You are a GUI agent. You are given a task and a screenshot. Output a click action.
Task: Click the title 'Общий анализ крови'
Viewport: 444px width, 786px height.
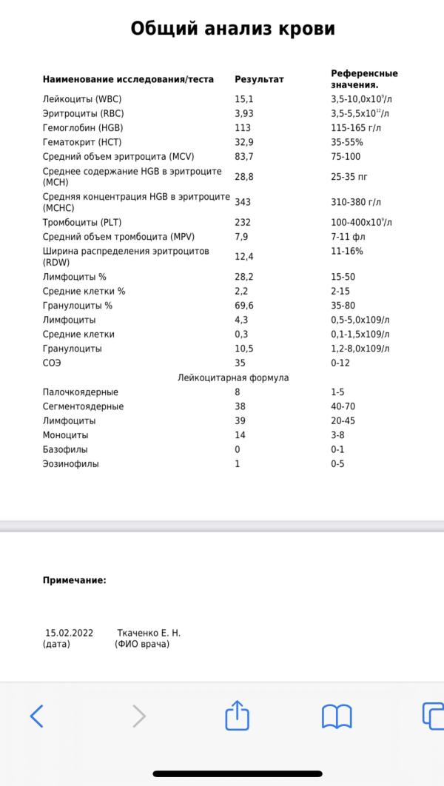pos(232,29)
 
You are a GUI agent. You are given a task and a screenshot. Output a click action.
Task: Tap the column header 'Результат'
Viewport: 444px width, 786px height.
pos(259,79)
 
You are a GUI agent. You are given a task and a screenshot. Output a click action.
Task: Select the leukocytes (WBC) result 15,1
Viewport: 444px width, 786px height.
pos(243,98)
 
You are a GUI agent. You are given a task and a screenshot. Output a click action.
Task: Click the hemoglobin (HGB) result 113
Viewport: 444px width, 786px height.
pos(243,127)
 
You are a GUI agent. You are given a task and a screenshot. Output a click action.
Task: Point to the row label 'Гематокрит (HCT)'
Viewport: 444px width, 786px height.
pos(82,142)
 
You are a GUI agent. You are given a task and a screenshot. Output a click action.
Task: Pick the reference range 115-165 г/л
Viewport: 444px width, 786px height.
pos(357,127)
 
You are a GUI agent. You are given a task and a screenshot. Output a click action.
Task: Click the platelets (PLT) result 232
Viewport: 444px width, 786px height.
pos(243,222)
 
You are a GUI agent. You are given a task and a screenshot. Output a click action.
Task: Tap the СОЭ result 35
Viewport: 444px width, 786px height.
pos(240,363)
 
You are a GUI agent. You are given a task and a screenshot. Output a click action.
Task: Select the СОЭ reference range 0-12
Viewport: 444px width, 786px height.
pos(340,363)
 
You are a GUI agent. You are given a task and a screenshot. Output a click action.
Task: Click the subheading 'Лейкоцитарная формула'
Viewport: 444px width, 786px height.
pos(233,377)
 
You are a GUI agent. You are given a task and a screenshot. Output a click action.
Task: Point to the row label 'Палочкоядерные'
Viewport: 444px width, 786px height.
pos(80,392)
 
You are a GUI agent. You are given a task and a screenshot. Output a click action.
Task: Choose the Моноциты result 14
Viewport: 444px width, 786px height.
pos(240,435)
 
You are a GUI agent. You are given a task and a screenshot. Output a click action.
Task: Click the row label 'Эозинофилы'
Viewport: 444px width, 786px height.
pos(71,464)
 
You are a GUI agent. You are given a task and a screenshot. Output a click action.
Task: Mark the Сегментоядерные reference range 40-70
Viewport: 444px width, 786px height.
pos(343,406)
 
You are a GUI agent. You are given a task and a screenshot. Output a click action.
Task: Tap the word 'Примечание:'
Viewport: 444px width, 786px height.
pos(74,580)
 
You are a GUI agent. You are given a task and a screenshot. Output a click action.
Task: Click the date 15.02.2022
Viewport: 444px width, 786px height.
pos(69,633)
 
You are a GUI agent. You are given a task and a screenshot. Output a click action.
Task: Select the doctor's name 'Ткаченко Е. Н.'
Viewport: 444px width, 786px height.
pos(149,633)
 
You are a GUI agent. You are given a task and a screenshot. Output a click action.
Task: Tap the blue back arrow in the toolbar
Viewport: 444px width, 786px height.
pos(36,716)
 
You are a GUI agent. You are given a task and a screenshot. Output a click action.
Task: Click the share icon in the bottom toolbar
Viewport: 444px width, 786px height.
pos(238,715)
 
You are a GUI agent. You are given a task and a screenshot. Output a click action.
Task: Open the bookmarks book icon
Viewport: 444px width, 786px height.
pos(337,716)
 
